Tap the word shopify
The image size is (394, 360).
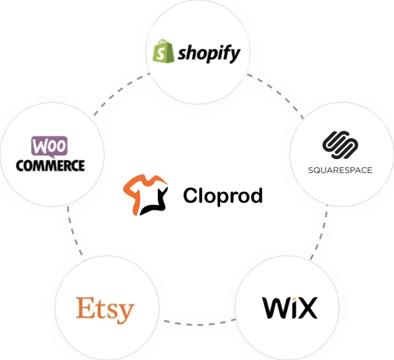point(209,54)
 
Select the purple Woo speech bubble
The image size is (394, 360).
point(49,146)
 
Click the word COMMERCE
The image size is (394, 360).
point(50,165)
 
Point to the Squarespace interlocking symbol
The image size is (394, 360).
point(340,145)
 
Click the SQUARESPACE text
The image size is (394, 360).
point(340,170)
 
